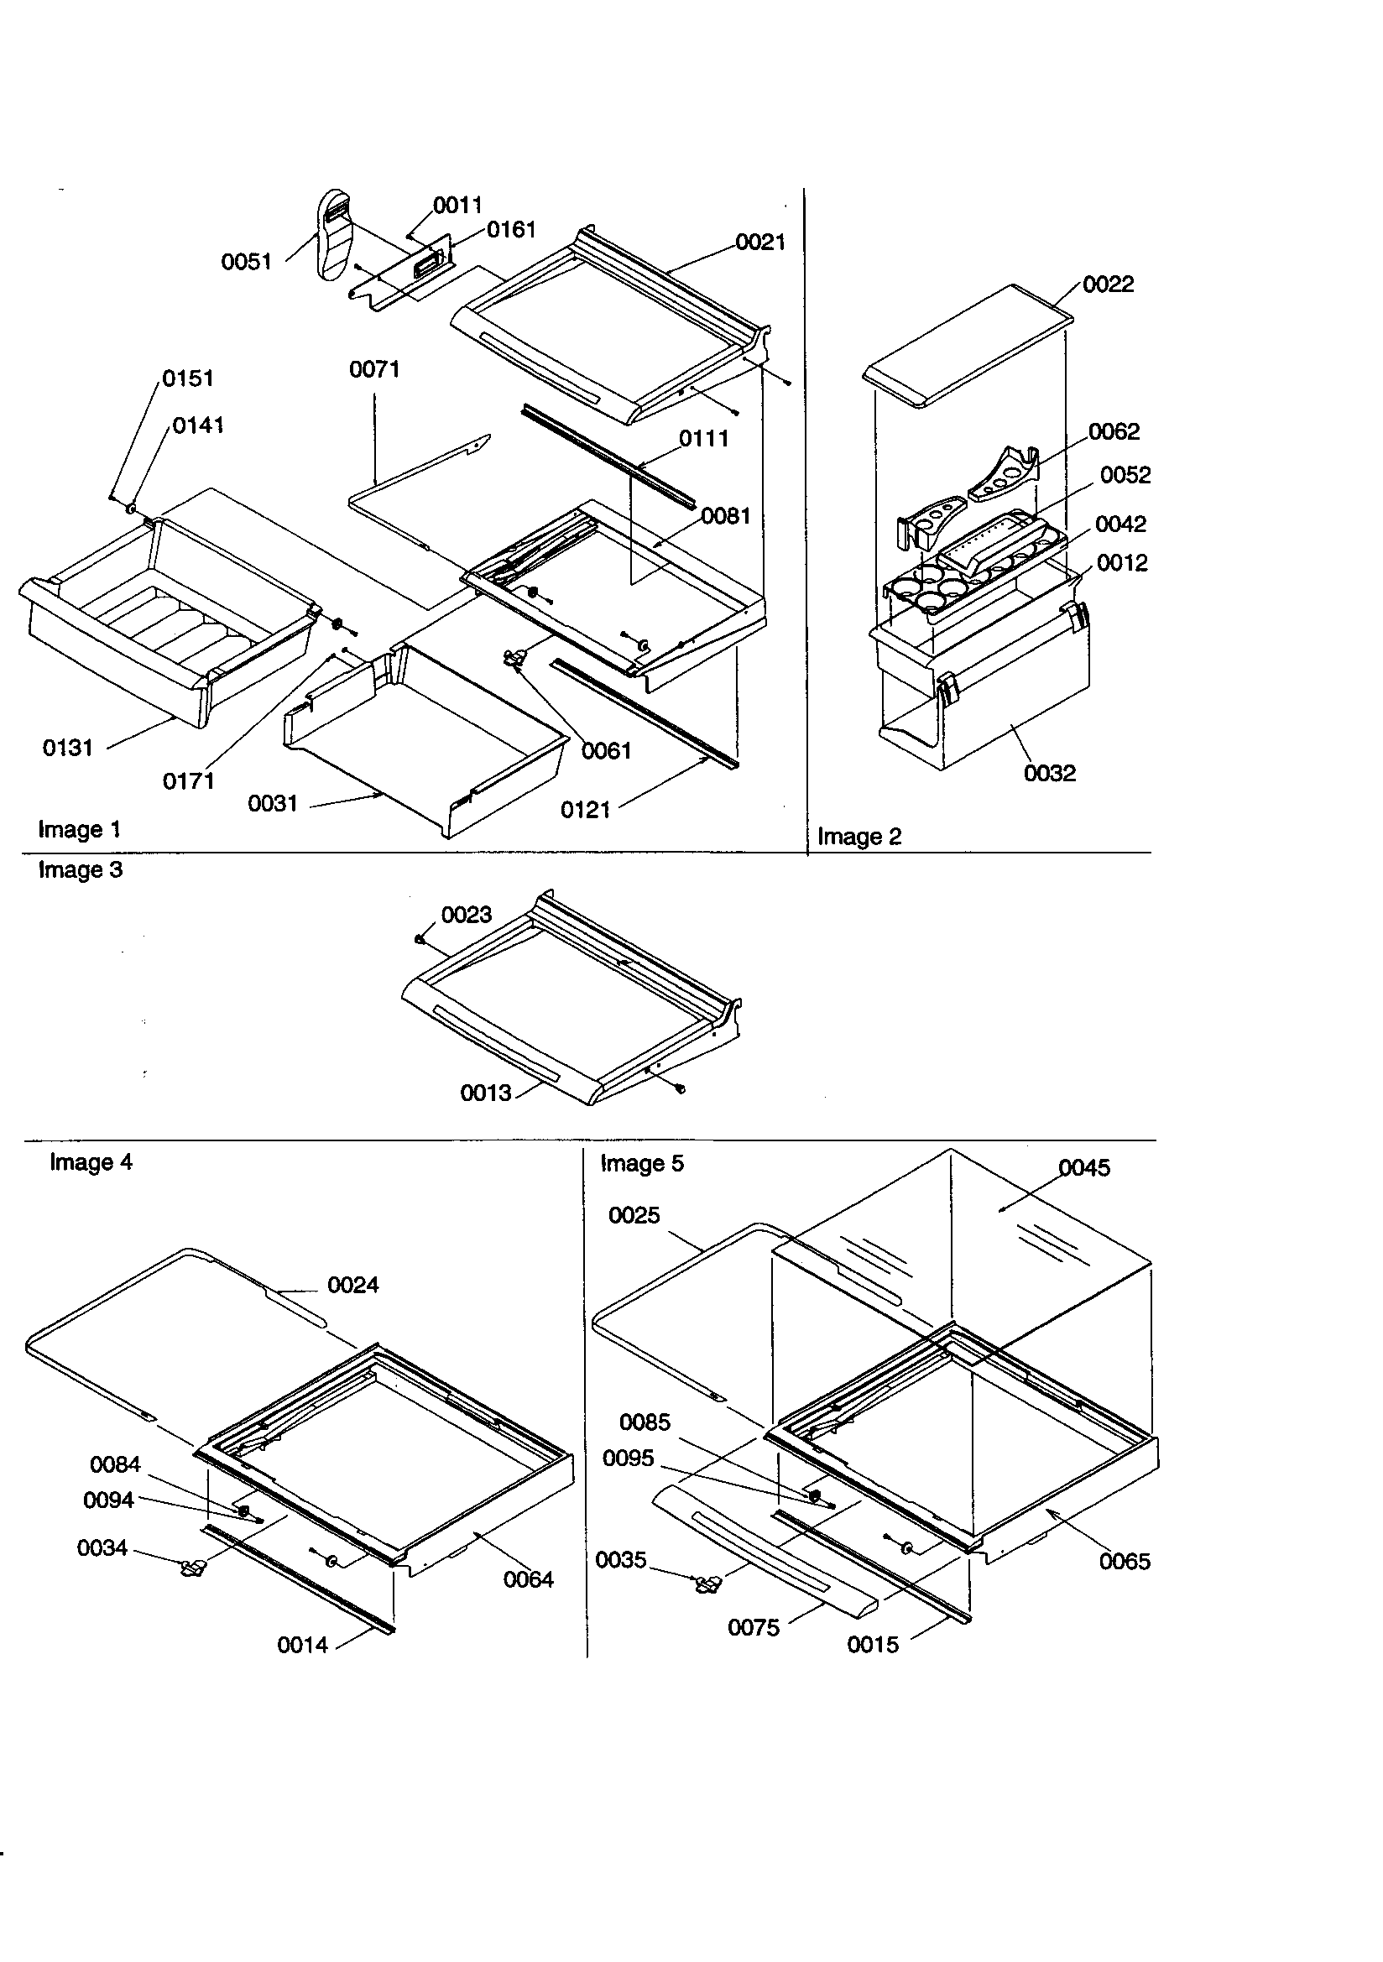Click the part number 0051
click(x=246, y=262)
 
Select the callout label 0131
click(x=67, y=748)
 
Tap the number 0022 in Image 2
click(x=1108, y=284)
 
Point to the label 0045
click(x=1084, y=1167)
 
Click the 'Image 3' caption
click(x=81, y=870)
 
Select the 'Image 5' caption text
click(x=641, y=1163)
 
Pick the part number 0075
click(x=753, y=1627)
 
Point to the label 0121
click(x=585, y=809)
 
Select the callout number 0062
click(x=1114, y=431)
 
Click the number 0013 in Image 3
click(x=486, y=1092)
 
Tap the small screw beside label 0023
click(x=420, y=939)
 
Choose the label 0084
click(x=114, y=1464)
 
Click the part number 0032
click(x=1050, y=773)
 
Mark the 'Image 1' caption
click(x=79, y=829)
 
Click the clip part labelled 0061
click(x=515, y=657)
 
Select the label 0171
click(x=188, y=780)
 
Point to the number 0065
click(x=1124, y=1561)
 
